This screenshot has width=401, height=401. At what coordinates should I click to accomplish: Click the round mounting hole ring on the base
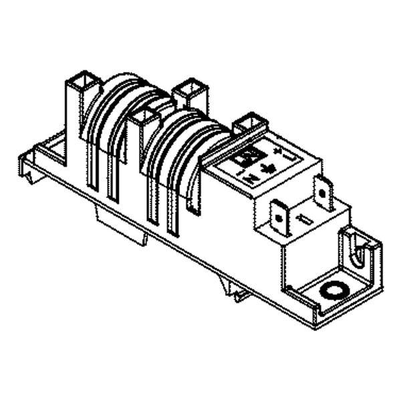click(332, 290)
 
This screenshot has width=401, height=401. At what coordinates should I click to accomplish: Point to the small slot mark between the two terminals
click(303, 219)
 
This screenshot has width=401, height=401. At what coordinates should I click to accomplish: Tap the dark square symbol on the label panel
click(242, 158)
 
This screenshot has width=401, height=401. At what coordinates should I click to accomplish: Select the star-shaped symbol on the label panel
click(269, 167)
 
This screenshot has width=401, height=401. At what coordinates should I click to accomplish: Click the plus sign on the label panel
click(277, 152)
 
